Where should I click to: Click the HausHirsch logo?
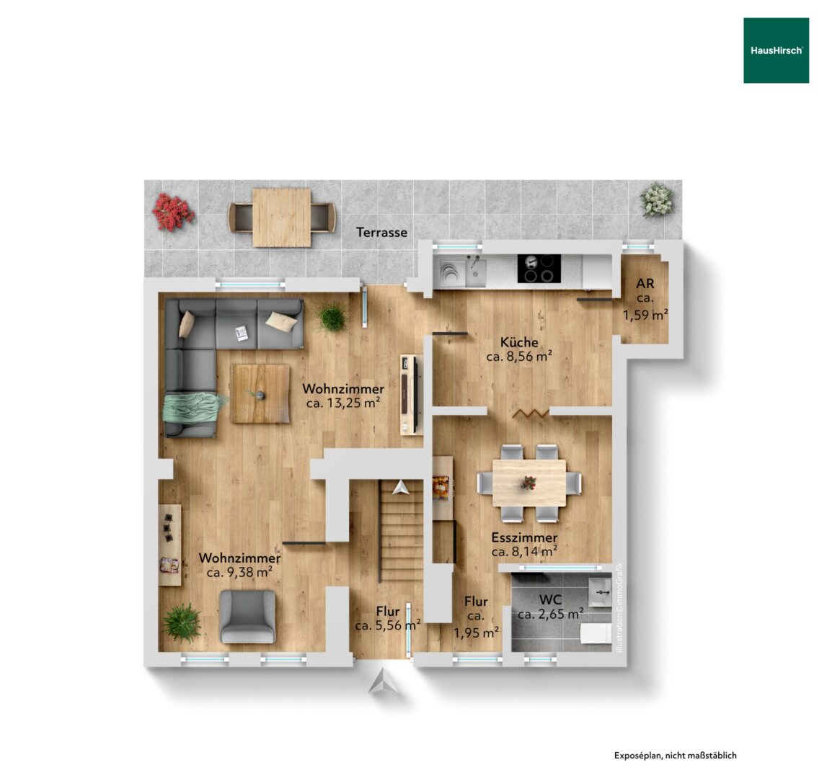776,50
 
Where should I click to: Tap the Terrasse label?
381,233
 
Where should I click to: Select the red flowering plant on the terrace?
173,212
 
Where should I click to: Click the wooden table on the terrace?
281,218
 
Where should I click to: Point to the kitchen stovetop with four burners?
539,269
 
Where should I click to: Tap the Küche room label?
520,341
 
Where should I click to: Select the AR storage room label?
645,284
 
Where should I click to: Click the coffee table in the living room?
260,393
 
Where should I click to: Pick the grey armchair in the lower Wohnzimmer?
247,616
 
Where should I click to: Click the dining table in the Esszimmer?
529,483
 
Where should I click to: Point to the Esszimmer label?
524,537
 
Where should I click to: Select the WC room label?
551,600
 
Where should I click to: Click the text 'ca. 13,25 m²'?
343,403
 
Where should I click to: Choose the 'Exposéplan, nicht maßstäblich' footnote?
675,756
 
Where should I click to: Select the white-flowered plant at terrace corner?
657,200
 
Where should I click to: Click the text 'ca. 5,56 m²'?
388,626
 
